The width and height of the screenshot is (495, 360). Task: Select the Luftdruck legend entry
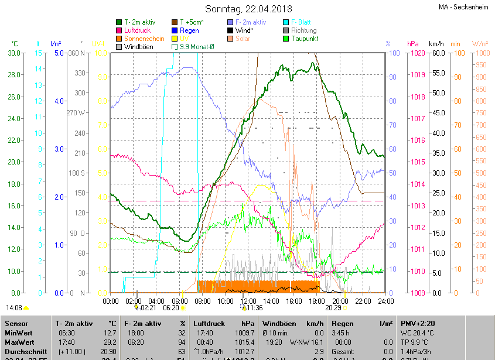tap(141, 30)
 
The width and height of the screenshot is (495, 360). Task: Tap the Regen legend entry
tap(189, 30)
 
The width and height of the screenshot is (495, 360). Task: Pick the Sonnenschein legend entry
tap(144, 39)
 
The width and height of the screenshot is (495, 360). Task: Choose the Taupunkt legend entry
tap(303, 39)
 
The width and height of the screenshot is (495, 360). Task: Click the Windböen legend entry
tap(139, 47)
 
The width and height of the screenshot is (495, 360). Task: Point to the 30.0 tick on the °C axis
tap(14, 53)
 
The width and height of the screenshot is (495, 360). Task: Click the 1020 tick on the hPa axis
tap(417, 53)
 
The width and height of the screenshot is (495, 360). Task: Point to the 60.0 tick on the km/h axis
tap(438, 53)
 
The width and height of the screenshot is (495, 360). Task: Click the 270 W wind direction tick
tap(76, 113)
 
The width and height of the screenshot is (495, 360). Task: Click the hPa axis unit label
tap(412, 44)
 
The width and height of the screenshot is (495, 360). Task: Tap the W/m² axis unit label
tap(480, 44)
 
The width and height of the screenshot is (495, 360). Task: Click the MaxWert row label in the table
tap(19, 342)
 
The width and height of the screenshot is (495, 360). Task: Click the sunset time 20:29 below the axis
tap(333, 307)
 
